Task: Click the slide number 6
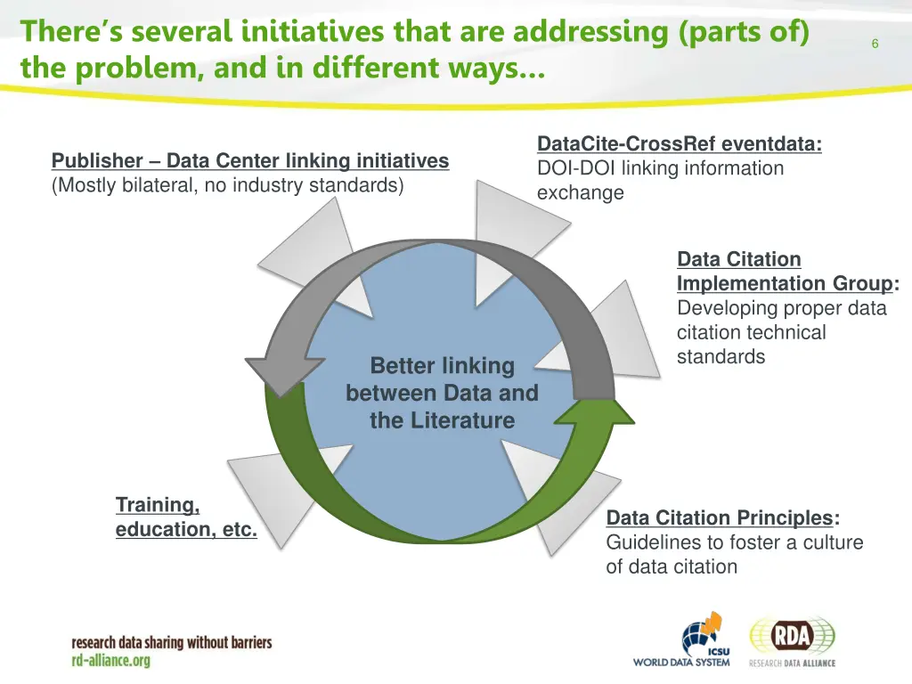pyautogui.click(x=875, y=45)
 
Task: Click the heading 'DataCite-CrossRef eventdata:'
pyautogui.click(x=680, y=144)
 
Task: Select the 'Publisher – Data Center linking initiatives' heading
pyautogui.click(x=250, y=161)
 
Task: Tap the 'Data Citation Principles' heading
pyautogui.click(x=720, y=518)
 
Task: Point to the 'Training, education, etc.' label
pyautogui.click(x=186, y=517)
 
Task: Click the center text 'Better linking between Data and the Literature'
pyautogui.click(x=443, y=393)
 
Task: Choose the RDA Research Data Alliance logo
pyautogui.click(x=793, y=640)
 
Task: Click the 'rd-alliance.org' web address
pyautogui.click(x=111, y=660)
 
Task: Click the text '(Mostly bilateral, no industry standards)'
pyautogui.click(x=228, y=185)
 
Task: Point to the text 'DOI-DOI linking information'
pyautogui.click(x=660, y=168)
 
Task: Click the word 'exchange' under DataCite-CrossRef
pyautogui.click(x=580, y=192)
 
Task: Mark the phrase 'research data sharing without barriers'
pyautogui.click(x=172, y=642)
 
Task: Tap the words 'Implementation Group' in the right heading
pyautogui.click(x=785, y=283)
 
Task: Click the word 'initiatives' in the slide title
pyautogui.click(x=313, y=32)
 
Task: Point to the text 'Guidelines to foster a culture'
pyautogui.click(x=735, y=542)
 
